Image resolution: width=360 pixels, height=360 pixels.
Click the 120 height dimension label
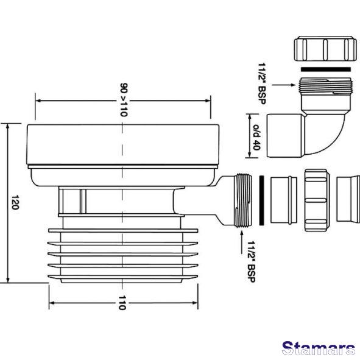tap(15, 202)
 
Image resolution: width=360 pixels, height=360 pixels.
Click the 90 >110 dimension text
tap(124, 100)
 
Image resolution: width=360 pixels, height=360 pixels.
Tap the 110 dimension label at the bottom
tap(122, 303)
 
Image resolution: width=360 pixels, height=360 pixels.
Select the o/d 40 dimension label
tap(256, 137)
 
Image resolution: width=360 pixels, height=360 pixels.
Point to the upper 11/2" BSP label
tap(262, 83)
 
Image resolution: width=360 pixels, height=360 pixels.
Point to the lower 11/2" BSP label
tap(252, 261)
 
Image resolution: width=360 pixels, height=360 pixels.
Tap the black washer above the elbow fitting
tap(326, 69)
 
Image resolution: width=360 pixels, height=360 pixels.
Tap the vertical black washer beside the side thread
tap(261, 200)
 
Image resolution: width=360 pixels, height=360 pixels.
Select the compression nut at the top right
tap(325, 49)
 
